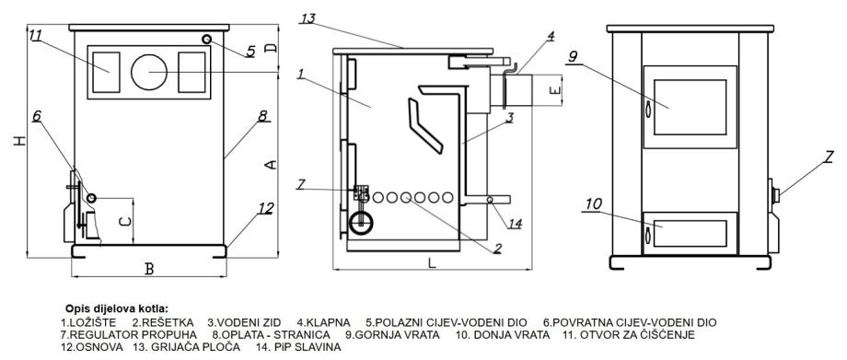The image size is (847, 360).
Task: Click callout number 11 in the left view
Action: click(36, 36)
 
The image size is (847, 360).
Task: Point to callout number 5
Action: click(250, 52)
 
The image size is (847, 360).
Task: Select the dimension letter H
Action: click(20, 141)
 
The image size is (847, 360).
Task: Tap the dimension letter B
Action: click(150, 269)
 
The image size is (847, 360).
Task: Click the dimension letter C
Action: click(124, 222)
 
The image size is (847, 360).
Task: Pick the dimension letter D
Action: click(272, 48)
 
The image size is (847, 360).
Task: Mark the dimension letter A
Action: click(272, 164)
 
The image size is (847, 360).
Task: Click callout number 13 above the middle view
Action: click(308, 19)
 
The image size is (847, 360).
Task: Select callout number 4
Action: click(551, 36)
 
